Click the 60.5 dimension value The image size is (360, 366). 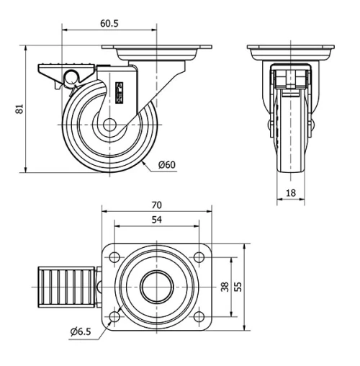coord(109,23)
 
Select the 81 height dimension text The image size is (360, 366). coord(20,109)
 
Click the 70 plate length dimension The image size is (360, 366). coord(158,204)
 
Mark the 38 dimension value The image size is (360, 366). coord(225,287)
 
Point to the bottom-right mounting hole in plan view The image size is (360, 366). coord(199,316)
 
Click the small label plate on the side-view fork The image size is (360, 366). coord(120,92)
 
